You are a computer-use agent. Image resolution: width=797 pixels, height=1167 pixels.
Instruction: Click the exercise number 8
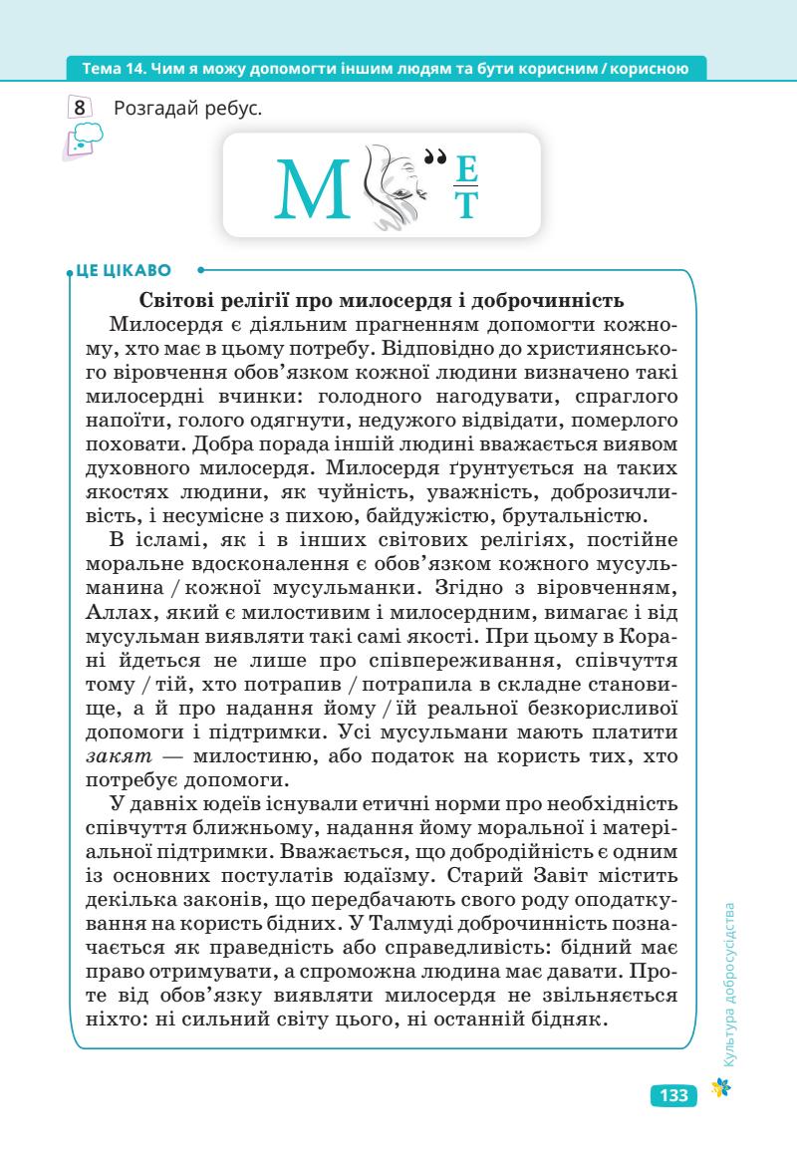click(x=80, y=107)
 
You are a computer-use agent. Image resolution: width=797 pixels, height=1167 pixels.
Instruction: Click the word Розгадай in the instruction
click(x=157, y=107)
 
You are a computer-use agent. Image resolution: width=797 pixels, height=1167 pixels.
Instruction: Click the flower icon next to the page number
click(x=714, y=1092)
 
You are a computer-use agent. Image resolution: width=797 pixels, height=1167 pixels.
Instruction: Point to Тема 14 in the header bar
click(x=110, y=69)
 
